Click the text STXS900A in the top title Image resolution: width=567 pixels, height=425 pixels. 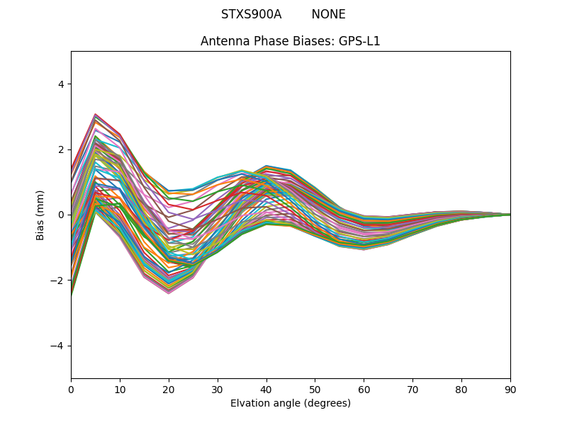coord(251,14)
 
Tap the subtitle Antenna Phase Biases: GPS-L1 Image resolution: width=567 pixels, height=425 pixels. coord(291,41)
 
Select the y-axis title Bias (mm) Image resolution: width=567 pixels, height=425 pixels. coord(40,215)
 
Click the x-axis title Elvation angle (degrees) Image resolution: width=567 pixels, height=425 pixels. coord(291,403)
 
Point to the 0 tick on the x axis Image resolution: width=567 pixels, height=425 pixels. coord(71,389)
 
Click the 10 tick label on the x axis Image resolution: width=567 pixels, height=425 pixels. coord(120,389)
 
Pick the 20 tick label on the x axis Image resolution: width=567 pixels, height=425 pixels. coord(169,389)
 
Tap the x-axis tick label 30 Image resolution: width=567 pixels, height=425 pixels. coord(218,389)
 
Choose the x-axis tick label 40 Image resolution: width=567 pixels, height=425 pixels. coord(266,389)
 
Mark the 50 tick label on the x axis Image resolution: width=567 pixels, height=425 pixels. coord(315,389)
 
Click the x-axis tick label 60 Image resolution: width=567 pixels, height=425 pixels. coord(364,389)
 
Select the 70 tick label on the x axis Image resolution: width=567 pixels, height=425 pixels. coord(412,389)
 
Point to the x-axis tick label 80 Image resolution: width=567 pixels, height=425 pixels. coord(461,389)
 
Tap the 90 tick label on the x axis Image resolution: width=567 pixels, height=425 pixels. coord(510,389)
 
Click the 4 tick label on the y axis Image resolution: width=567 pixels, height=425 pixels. coord(61,84)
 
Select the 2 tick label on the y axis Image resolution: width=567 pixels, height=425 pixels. coord(61,149)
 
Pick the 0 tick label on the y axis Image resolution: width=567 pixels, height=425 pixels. coord(61,215)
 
